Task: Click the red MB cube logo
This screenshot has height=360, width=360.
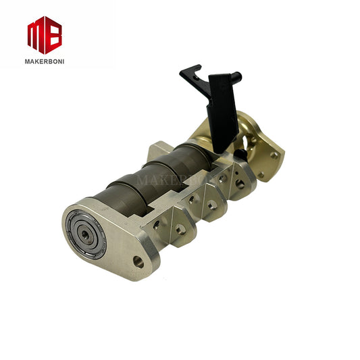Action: pyautogui.click(x=45, y=34)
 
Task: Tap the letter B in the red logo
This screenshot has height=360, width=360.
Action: pyautogui.click(x=53, y=34)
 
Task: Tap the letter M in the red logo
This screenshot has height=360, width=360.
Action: pyautogui.click(x=36, y=34)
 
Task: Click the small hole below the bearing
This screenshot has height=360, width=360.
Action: pyautogui.click(x=138, y=261)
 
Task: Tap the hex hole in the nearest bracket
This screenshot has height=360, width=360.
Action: pyautogui.click(x=180, y=230)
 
